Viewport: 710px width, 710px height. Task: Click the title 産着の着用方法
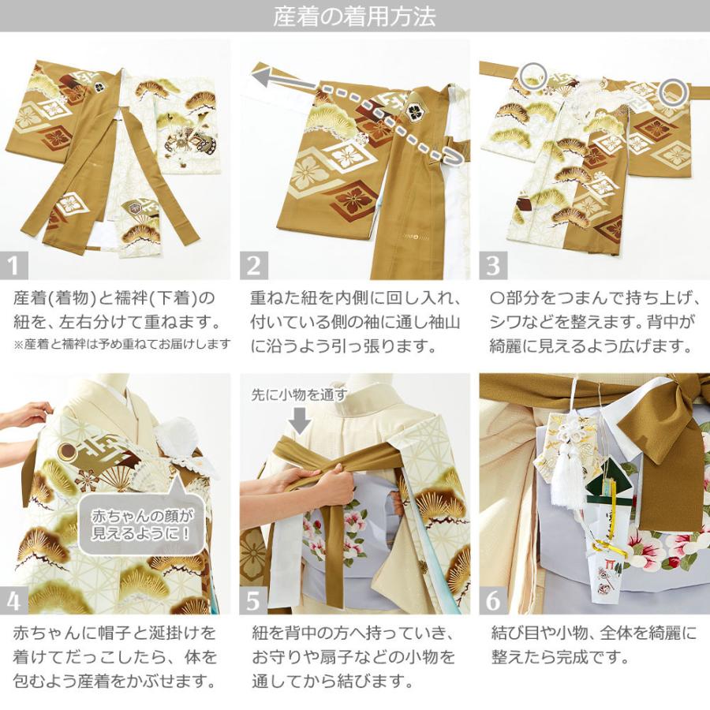pyautogui.click(x=354, y=17)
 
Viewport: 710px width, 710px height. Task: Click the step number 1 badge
pyautogui.click(x=15, y=265)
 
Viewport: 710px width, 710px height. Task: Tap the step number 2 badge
pyautogui.click(x=253, y=265)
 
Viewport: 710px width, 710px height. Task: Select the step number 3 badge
pyautogui.click(x=493, y=265)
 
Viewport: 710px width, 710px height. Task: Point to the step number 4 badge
pyautogui.click(x=15, y=600)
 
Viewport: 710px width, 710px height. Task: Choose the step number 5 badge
pyautogui.click(x=253, y=600)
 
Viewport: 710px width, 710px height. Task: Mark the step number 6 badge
pyautogui.click(x=493, y=600)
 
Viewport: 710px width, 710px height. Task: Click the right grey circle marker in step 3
pyautogui.click(x=673, y=92)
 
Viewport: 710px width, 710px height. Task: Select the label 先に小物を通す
pyautogui.click(x=299, y=394)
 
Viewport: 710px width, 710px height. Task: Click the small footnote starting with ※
pyautogui.click(x=121, y=344)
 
